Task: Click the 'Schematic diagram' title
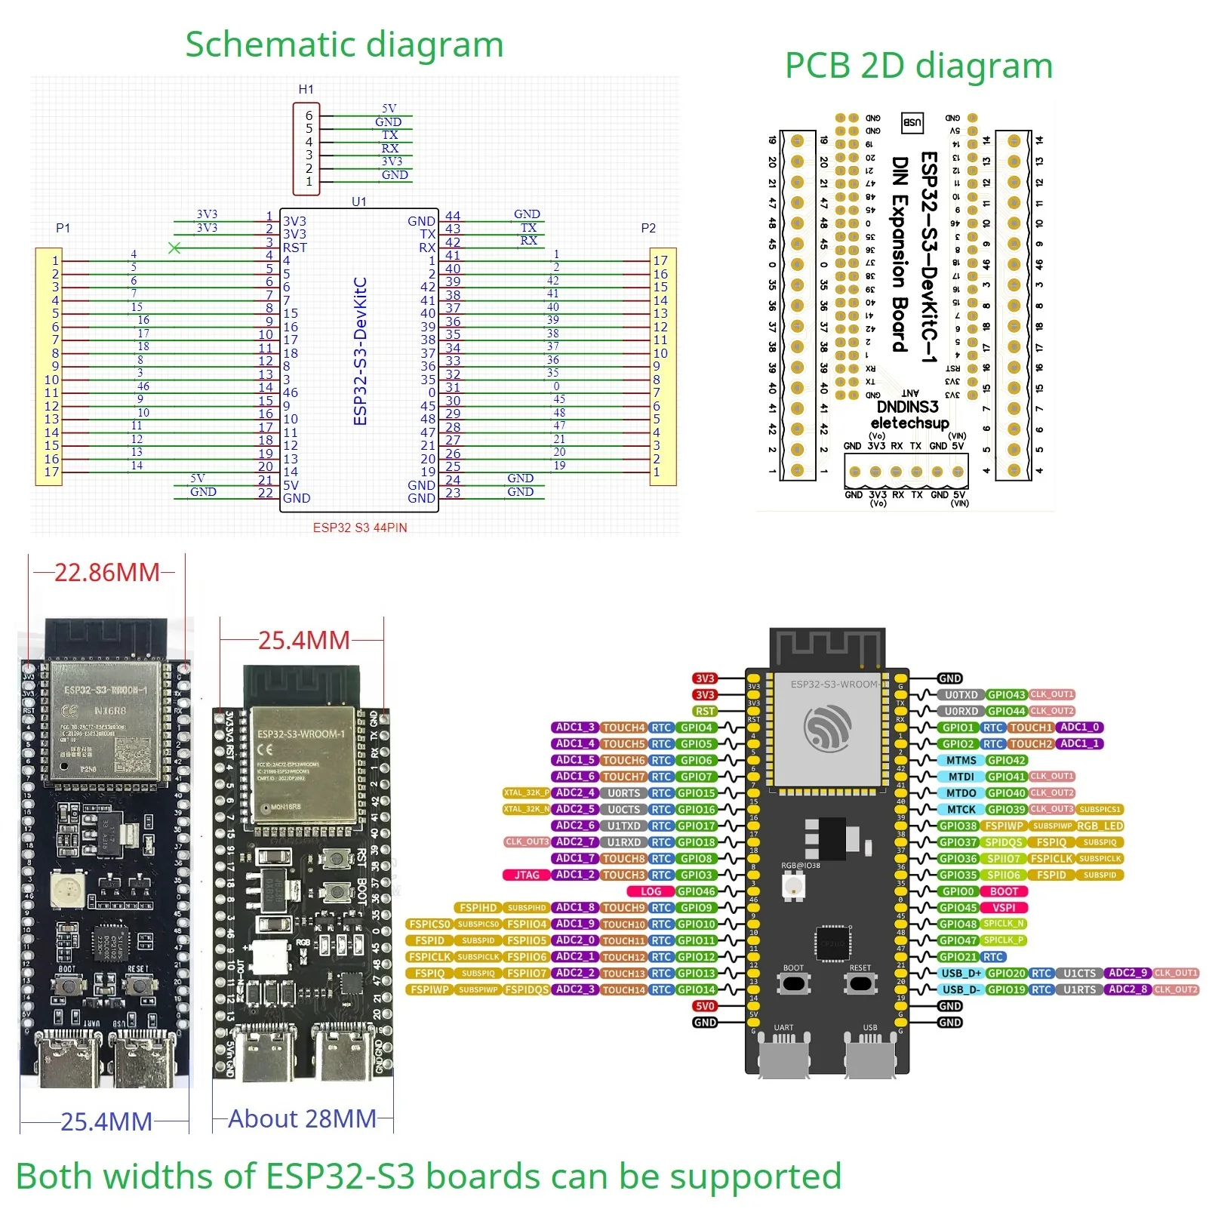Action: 344,45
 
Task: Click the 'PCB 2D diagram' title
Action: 918,66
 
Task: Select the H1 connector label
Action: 306,89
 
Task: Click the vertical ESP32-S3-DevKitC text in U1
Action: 360,351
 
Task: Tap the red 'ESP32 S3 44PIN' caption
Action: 360,528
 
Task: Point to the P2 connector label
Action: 648,228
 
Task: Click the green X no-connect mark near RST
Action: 174,248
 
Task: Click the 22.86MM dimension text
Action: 106,573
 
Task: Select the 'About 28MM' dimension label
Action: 302,1118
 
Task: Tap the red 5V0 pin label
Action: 705,1006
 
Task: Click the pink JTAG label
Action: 527,875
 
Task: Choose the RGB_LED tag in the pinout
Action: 1100,826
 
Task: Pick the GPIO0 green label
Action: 958,891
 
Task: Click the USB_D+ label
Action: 961,973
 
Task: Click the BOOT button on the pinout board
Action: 793,983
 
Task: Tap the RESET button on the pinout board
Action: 860,983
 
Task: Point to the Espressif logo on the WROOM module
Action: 827,728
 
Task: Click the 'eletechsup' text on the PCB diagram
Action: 909,423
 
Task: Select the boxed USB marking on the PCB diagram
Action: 912,122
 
